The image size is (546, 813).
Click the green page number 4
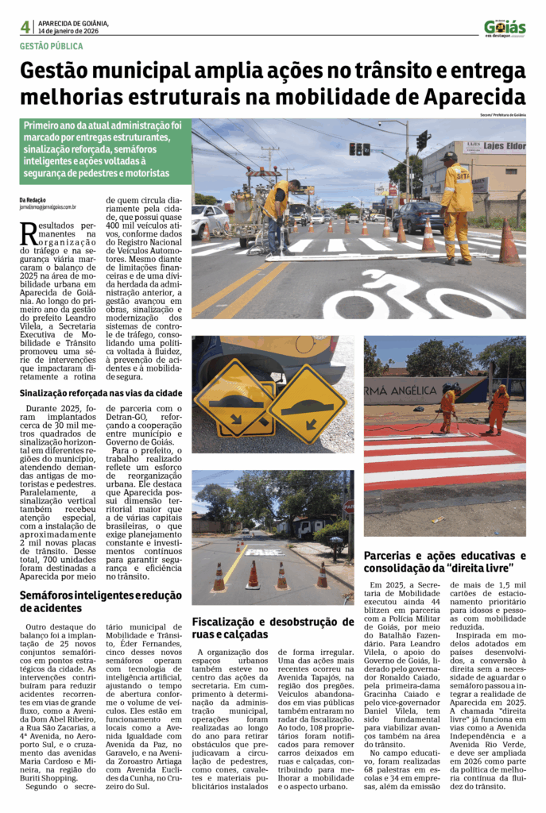[25, 26]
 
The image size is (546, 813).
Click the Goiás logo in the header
[505, 28]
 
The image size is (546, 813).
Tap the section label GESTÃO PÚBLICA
[51, 46]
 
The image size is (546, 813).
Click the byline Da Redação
[33, 199]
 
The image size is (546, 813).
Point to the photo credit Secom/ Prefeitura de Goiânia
[502, 115]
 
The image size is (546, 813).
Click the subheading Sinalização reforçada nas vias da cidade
[101, 393]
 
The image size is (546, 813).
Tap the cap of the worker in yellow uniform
[451, 156]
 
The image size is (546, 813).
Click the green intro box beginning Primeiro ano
[105, 150]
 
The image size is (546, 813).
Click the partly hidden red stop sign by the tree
[349, 507]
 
